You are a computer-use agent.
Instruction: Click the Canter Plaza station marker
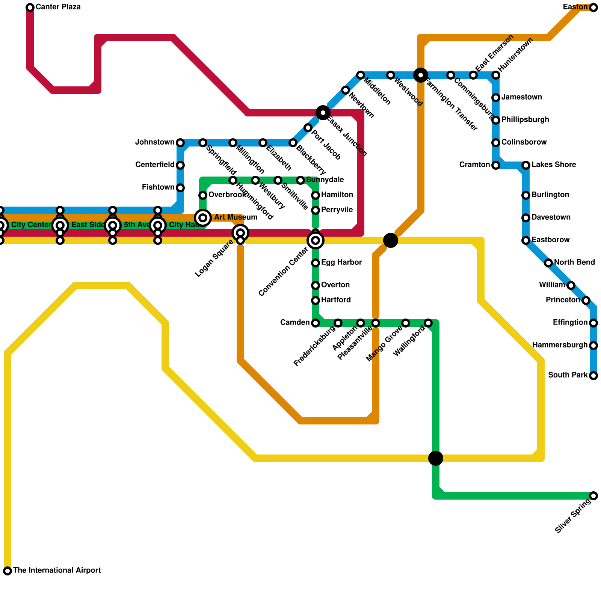tap(30, 8)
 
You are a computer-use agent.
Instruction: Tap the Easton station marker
tap(593, 8)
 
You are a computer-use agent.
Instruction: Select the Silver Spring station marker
tap(593, 496)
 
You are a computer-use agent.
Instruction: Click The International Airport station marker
tap(8, 571)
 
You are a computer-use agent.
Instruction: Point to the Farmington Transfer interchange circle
tap(421, 75)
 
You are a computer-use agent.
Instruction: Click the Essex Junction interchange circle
tap(323, 113)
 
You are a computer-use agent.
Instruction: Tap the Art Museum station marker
tap(203, 217)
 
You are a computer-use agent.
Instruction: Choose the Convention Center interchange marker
tap(316, 240)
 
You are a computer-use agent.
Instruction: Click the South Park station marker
tap(593, 376)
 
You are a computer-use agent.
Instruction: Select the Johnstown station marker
tap(180, 143)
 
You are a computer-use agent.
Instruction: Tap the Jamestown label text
tap(522, 97)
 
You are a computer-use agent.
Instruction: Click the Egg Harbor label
tap(341, 263)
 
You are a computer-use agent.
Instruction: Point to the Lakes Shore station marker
tap(526, 165)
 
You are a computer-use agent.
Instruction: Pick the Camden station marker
tap(316, 323)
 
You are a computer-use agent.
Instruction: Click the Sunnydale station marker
tap(300, 180)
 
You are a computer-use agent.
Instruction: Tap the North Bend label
tap(574, 263)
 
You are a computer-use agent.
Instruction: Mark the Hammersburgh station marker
tap(593, 346)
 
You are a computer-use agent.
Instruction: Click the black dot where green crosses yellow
tap(436, 458)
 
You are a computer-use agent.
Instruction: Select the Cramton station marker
tap(496, 165)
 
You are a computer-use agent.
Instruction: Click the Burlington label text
tap(550, 195)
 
